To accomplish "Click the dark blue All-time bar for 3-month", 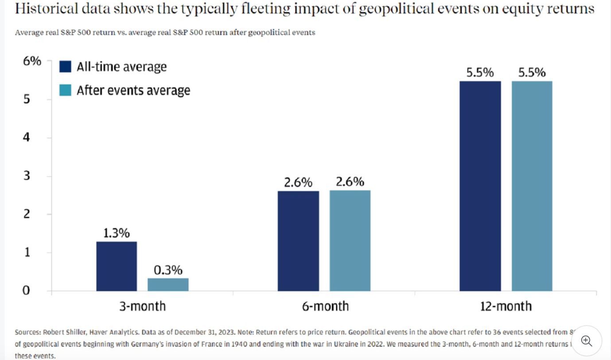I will click(117, 266).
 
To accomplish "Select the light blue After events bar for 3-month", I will click(168, 285).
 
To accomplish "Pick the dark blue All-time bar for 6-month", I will click(298, 241).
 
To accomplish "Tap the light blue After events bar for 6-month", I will click(350, 241).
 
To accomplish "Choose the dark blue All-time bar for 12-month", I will click(480, 186).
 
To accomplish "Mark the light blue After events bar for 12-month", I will click(532, 186).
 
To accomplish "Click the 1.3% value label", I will click(117, 233).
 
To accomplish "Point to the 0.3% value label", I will click(168, 270).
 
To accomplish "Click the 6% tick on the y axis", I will click(32, 61).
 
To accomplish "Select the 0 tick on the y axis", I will click(27, 290).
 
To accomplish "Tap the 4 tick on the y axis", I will click(27, 137).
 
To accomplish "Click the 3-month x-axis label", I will click(142, 306).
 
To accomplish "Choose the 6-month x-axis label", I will click(325, 306).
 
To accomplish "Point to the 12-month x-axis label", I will click(506, 306).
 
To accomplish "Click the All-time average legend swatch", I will click(65, 67).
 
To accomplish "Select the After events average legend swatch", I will click(65, 90).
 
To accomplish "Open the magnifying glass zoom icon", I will click(586, 341).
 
